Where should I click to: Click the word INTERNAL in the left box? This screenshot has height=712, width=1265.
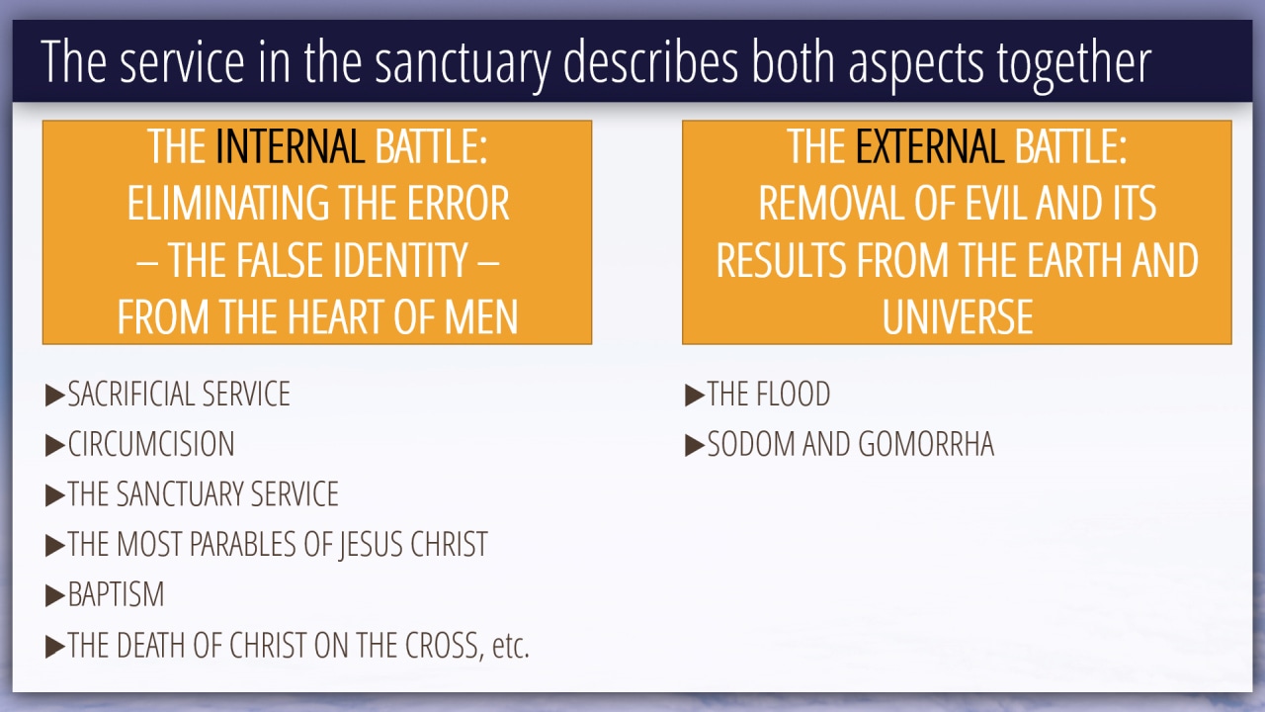tap(290, 146)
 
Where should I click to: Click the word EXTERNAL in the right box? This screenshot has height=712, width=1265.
tap(930, 146)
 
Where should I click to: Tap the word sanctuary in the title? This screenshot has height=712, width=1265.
tap(463, 63)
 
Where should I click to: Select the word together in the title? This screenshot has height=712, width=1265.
tap(1073, 63)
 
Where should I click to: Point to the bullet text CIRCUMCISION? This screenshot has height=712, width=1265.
tap(151, 444)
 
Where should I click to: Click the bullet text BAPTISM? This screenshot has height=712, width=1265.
tap(116, 594)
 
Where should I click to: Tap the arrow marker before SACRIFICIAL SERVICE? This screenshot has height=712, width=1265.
tap(54, 395)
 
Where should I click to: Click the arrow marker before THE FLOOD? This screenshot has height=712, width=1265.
tap(695, 395)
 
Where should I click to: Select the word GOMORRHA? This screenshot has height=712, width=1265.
tap(926, 444)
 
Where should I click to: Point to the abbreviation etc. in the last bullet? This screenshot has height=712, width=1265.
tap(511, 646)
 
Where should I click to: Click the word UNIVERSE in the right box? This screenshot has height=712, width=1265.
tap(958, 316)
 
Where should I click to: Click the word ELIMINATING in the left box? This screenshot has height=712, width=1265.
tap(226, 204)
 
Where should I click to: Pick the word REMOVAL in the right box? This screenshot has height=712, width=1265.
tap(831, 204)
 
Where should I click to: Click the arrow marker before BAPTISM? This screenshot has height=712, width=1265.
tap(54, 596)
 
